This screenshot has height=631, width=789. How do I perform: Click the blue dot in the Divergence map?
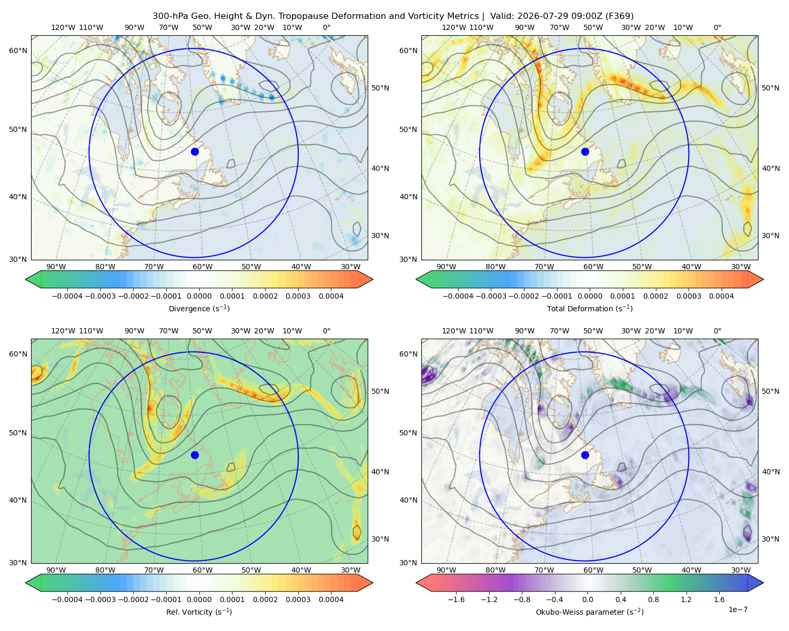click(195, 152)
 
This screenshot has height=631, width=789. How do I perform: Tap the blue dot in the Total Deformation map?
click(585, 152)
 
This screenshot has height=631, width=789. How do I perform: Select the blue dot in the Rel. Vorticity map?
click(195, 455)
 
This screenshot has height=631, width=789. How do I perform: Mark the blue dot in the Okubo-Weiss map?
click(585, 455)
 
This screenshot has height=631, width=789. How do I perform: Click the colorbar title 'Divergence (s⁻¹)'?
click(199, 308)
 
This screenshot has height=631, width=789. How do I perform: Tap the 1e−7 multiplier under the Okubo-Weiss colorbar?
click(737, 609)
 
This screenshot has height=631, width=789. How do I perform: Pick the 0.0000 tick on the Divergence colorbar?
click(199, 296)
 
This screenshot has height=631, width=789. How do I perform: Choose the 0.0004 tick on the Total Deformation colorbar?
click(722, 296)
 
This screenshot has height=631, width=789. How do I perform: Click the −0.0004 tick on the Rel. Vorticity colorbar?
click(67, 599)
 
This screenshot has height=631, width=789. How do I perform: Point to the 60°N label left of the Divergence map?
click(18, 50)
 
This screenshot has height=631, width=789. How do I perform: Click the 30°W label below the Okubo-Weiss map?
click(741, 570)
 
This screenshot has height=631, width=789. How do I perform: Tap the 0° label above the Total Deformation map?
click(717, 27)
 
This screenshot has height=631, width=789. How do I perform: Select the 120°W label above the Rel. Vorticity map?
click(63, 331)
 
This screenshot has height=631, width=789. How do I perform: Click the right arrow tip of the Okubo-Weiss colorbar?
click(763, 583)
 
